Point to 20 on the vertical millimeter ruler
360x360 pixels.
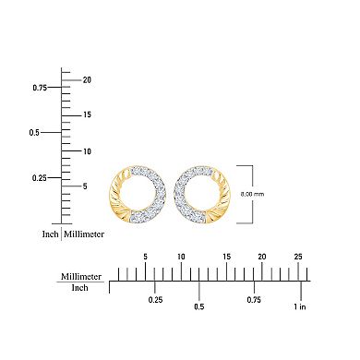click(x=86, y=79)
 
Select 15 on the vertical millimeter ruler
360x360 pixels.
click(x=86, y=114)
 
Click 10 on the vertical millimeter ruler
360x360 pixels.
click(x=86, y=150)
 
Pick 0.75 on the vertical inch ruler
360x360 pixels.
click(x=40, y=88)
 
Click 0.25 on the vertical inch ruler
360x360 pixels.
click(x=40, y=177)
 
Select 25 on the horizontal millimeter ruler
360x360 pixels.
click(x=297, y=256)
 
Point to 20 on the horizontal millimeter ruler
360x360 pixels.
click(x=261, y=256)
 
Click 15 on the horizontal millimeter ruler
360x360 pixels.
click(x=226, y=256)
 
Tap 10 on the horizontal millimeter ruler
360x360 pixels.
click(x=182, y=256)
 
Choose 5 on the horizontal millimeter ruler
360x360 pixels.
click(x=145, y=256)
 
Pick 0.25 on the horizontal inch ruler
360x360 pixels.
click(x=156, y=300)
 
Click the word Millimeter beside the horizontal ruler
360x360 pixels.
click(x=81, y=276)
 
